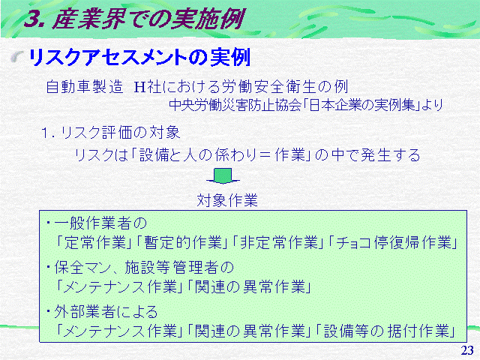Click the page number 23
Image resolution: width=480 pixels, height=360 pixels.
[467, 350]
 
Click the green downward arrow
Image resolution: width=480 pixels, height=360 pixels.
[223, 176]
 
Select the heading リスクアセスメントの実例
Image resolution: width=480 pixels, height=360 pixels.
[139, 57]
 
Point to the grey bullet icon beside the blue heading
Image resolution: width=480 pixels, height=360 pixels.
[17, 57]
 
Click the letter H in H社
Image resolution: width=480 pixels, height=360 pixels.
[139, 87]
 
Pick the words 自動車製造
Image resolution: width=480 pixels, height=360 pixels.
[85, 87]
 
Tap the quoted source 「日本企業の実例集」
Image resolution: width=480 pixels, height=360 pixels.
[363, 105]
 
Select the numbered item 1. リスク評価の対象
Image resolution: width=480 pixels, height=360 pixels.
[110, 133]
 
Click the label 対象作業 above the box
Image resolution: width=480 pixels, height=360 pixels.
[227, 200]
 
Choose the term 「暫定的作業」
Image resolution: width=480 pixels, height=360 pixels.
[181, 243]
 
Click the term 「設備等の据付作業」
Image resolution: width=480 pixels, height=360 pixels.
[386, 331]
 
